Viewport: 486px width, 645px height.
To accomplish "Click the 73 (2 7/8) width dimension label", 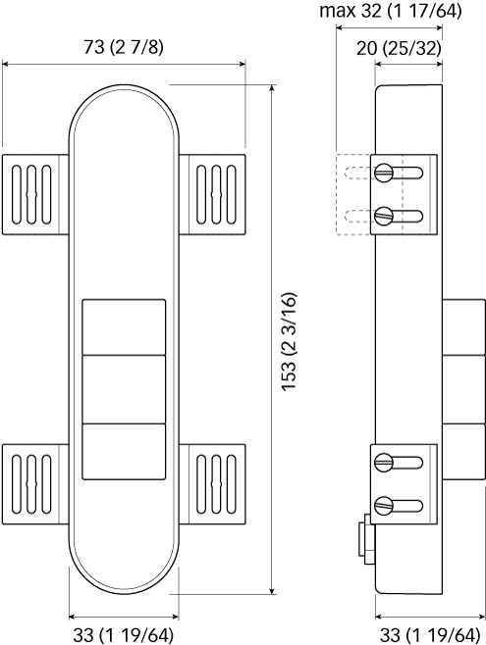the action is point(124,47).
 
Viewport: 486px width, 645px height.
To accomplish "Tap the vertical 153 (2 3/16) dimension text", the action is point(289,341).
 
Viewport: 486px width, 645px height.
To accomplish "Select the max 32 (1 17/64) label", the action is point(391,11).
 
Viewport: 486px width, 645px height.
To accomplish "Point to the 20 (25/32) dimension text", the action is point(399,49).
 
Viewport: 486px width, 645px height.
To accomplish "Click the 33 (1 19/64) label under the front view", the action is point(124,635).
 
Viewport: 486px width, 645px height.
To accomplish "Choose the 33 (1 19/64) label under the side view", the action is point(430,635).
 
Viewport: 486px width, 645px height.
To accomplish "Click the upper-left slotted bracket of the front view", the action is point(35,194).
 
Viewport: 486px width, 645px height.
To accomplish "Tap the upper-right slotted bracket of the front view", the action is point(212,194).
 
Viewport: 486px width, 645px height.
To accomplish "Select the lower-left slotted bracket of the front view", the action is point(35,484).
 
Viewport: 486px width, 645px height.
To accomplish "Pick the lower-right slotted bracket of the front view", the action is point(212,484).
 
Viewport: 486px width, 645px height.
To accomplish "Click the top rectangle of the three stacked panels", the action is point(124,327).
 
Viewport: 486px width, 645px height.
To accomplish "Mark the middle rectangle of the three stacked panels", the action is point(124,389).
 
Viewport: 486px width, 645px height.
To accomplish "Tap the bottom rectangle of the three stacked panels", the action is point(124,452).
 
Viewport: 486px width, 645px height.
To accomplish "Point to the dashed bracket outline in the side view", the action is point(354,194).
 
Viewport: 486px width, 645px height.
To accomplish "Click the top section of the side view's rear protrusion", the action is point(463,327).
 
